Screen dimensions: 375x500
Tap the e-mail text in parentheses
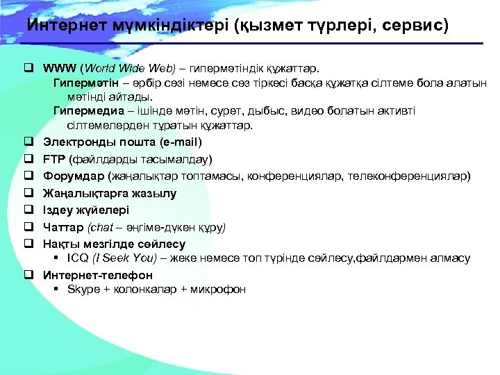click(180, 142)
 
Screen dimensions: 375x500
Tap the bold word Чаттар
click(64, 227)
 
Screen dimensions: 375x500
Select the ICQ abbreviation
click(77, 258)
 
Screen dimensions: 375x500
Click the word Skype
click(83, 290)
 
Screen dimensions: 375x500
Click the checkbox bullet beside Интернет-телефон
click(30, 275)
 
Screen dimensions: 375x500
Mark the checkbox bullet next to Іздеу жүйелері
click(30, 210)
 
